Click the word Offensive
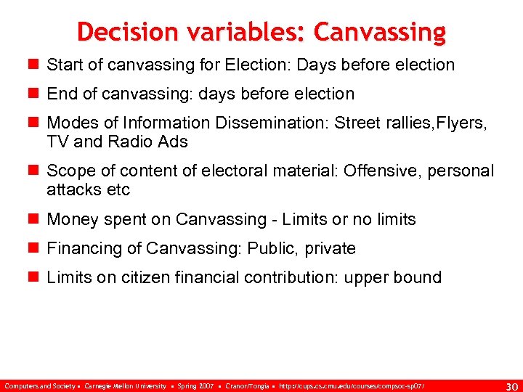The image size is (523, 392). pyautogui.click(x=379, y=171)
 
